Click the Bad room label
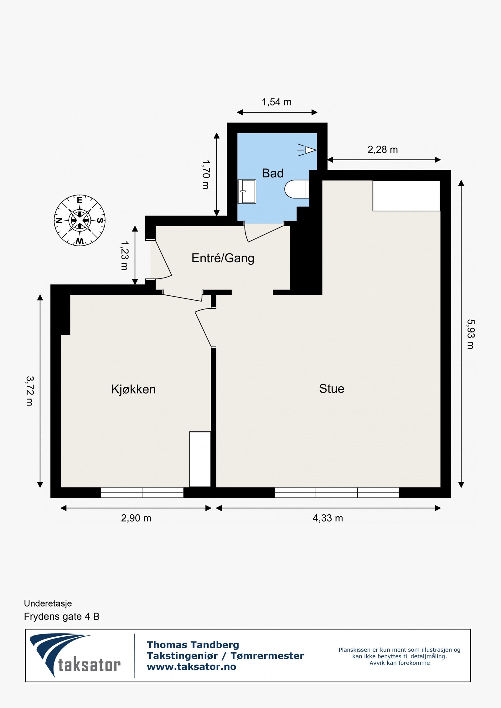pos(272,173)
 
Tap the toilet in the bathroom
pos(296,189)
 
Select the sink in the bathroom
pos(247,191)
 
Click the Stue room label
pos(332,389)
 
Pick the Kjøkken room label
pos(133,389)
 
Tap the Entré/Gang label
pos(223,258)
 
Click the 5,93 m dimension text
pos(470,334)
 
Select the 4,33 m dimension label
pos(328,518)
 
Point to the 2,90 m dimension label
pos(136,518)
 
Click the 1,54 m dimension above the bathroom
pos(276,102)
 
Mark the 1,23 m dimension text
pos(124,255)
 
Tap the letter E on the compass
pos(80,200)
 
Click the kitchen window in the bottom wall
pos(142,492)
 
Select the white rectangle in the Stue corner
pos(406,196)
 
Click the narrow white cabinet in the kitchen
pos(200,459)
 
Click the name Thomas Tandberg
pos(193,644)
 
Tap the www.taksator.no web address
pos(191,666)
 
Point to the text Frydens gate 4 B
pos(62,616)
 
